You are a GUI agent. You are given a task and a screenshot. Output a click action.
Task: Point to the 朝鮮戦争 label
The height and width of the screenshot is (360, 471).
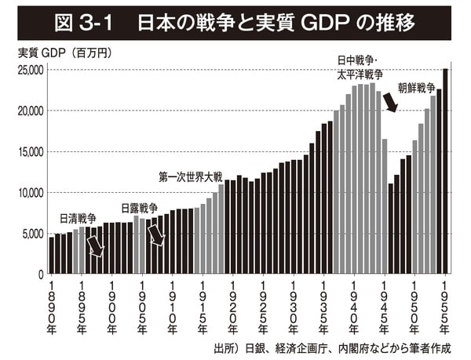(416, 88)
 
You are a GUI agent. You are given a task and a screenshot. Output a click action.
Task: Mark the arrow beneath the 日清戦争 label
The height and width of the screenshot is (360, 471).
(96, 246)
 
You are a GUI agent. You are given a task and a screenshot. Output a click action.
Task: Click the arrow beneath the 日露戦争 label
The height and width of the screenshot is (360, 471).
(156, 235)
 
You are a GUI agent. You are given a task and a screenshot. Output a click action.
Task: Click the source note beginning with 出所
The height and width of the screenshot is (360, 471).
(338, 347)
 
